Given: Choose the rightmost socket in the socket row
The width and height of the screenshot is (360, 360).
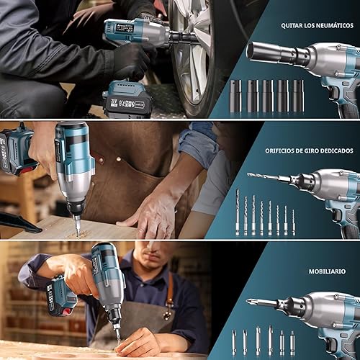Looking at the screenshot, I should tap(298, 94).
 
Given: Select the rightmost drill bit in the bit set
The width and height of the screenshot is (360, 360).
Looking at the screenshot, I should tap(294, 220).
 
